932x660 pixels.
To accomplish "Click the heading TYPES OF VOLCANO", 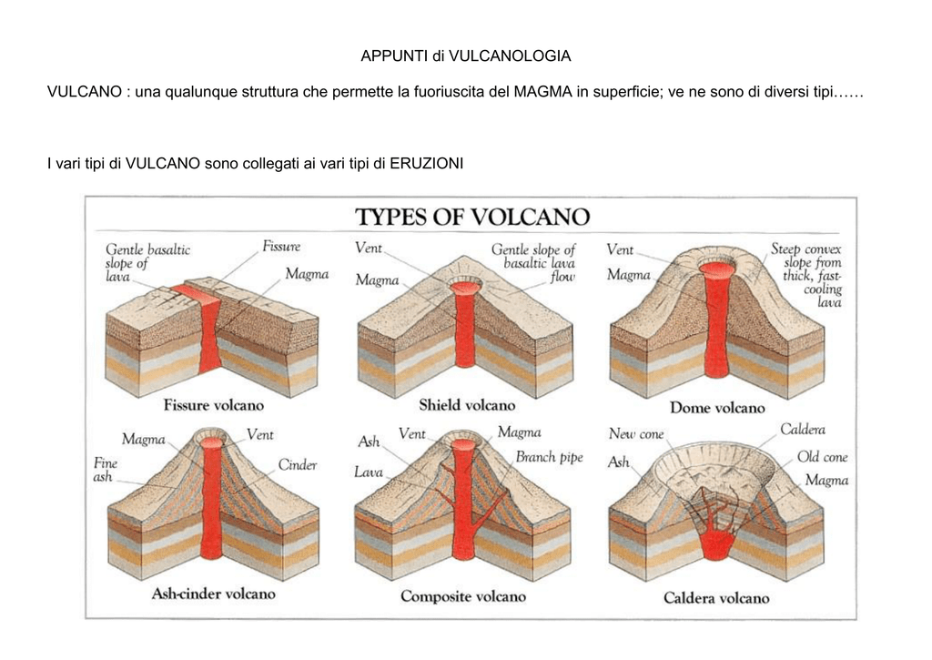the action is (472, 217).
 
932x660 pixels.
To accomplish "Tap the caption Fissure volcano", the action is (213, 405).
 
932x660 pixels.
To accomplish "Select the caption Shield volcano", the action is (467, 405).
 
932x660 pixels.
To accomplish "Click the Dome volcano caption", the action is (717, 408).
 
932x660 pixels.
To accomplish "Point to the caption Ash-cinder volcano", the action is (213, 594).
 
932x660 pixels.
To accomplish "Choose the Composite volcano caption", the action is (463, 596).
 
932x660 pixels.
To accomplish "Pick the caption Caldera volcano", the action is (716, 598).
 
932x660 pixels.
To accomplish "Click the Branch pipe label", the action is (549, 458).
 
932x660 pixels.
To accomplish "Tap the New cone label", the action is (636, 434).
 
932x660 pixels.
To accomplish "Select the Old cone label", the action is (822, 457).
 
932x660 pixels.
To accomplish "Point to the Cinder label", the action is (298, 465).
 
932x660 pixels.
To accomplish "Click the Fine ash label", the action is (106, 470).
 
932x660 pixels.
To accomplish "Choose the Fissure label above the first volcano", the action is (281, 247).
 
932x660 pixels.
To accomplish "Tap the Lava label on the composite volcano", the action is (369, 472).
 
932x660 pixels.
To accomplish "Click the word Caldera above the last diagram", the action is (803, 430).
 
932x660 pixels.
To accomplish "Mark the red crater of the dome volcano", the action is (717, 269).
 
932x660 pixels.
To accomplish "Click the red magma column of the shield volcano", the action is (465, 326).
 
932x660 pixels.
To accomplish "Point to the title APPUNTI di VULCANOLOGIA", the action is (466, 56).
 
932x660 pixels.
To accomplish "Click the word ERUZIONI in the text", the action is (426, 164).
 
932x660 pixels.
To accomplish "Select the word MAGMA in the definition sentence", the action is (542, 92).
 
